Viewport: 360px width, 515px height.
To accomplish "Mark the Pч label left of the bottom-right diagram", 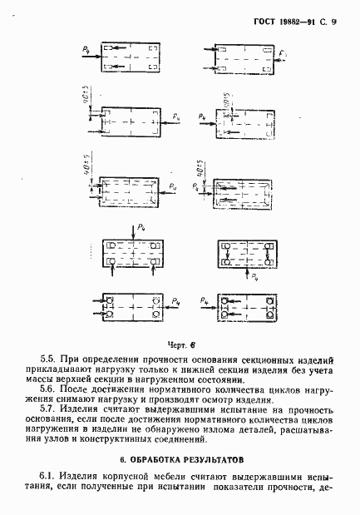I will point(205,298).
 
